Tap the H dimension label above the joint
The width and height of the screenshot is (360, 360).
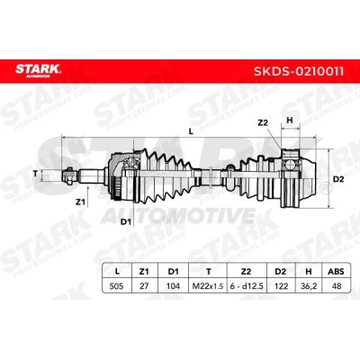coord(289,121)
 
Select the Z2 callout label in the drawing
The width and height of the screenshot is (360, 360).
coord(263,122)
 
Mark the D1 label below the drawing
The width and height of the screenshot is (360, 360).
coord(125,221)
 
